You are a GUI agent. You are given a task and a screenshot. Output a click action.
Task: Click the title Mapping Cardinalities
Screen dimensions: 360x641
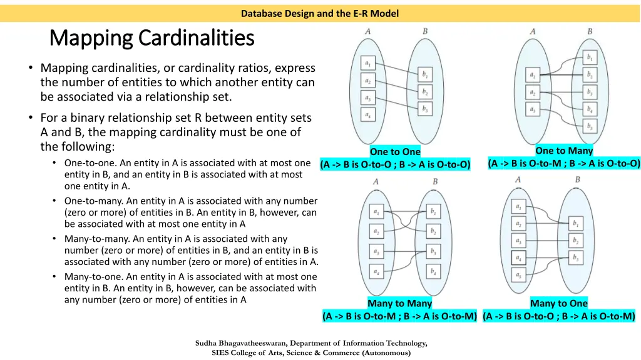tap(151, 39)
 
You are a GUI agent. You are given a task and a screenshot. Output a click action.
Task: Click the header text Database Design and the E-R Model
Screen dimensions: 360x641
tap(320, 13)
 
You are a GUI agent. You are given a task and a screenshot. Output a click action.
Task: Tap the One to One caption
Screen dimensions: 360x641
tap(395, 152)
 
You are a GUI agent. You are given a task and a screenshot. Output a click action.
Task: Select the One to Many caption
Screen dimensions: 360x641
tap(564, 151)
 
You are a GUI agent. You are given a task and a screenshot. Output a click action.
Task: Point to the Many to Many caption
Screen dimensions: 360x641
tap(399, 304)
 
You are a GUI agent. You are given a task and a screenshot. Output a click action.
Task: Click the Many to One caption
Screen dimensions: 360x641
tap(559, 304)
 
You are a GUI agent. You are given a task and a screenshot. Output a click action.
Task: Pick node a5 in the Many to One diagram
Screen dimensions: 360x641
tap(518, 274)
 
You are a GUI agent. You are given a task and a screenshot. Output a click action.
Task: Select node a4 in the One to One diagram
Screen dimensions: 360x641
tap(367, 115)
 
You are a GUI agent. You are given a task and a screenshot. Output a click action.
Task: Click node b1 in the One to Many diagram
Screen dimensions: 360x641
tap(589, 57)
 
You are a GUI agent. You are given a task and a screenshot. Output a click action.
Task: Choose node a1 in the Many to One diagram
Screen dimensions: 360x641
tap(518, 206)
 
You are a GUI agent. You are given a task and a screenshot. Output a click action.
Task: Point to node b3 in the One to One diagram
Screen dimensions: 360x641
tap(426, 108)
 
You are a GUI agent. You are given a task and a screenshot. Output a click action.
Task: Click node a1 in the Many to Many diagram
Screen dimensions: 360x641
tap(376, 212)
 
